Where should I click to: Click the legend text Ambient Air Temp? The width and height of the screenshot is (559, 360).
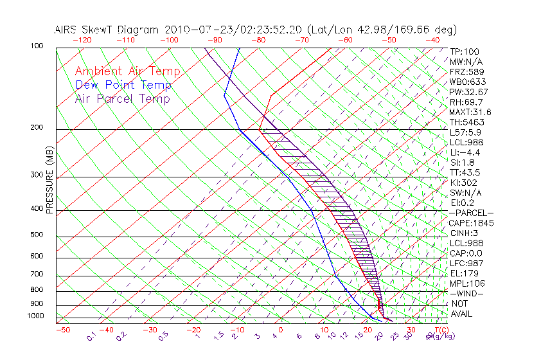pos(127,71)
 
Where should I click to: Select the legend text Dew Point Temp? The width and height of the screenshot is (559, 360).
pos(123,85)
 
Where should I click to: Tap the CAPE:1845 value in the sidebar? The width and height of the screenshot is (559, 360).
pos(471,223)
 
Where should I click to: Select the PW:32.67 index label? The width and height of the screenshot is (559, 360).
pos(469,92)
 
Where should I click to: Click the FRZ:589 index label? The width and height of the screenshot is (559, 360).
pos(466,72)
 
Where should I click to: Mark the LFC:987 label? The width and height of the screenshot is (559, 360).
pos(466,263)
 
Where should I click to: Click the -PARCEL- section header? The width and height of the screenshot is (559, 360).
pos(471,213)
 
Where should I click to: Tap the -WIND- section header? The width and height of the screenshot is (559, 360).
pos(466,293)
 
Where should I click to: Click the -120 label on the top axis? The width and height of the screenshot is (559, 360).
pos(82,40)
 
